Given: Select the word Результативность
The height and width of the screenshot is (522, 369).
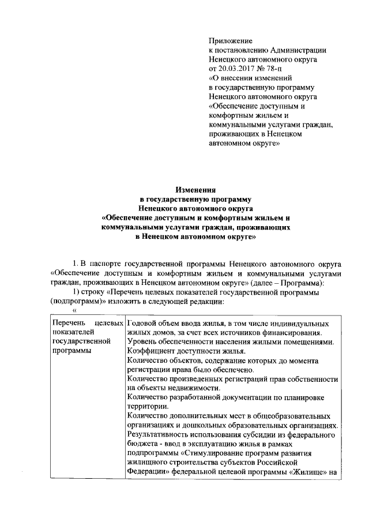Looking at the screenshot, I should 162,434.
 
